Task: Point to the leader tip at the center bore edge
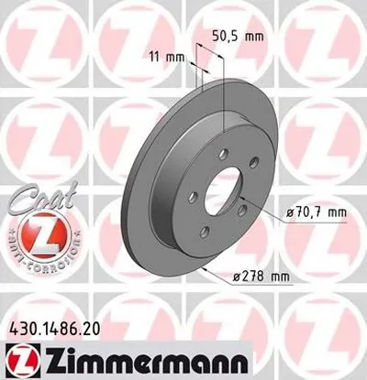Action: click(236, 196)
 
